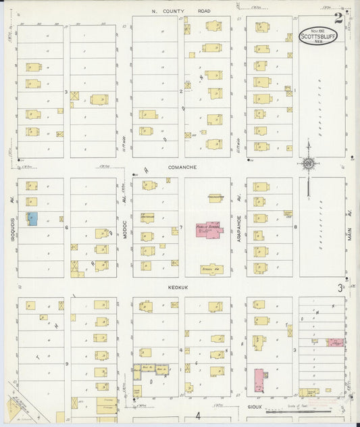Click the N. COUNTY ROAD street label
pyautogui.click(x=180, y=11)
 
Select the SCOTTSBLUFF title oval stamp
pyautogui.click(x=319, y=36)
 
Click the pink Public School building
pyautogui.click(x=208, y=230)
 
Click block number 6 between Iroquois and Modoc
pyautogui.click(x=66, y=228)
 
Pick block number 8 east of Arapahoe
pyautogui.click(x=295, y=228)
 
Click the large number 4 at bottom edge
pyautogui.click(x=198, y=415)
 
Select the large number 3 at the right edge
pyautogui.click(x=340, y=288)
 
